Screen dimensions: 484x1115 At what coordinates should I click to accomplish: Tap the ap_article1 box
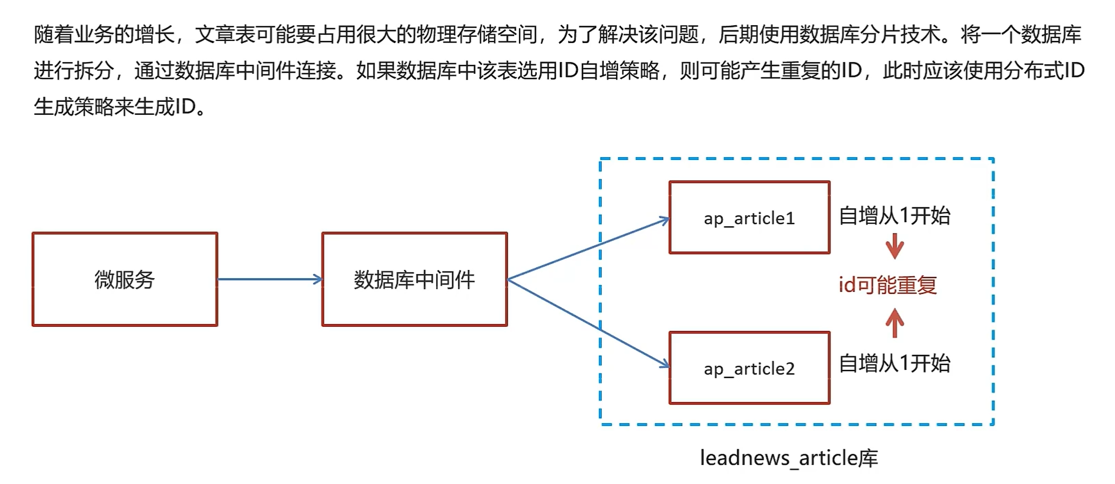[749, 217]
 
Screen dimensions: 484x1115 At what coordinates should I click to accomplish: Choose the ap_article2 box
[749, 368]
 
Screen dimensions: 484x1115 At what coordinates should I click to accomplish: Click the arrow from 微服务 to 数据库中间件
[269, 279]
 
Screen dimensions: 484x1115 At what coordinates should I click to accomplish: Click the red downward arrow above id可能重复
[895, 246]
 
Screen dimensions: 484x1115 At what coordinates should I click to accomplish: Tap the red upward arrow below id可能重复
[895, 323]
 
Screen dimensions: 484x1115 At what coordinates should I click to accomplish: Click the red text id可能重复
[887, 285]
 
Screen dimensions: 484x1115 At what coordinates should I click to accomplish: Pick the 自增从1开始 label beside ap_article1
[895, 216]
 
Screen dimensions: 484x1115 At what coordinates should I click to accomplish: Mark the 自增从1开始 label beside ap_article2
[895, 363]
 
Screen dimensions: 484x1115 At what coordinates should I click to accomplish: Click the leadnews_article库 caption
[789, 457]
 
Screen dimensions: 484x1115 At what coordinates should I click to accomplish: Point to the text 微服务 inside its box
[125, 280]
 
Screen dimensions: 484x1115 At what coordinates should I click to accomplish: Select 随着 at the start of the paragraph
[54, 34]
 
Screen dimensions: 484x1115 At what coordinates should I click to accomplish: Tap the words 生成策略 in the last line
[74, 107]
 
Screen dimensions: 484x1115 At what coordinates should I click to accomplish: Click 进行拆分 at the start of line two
[74, 70]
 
